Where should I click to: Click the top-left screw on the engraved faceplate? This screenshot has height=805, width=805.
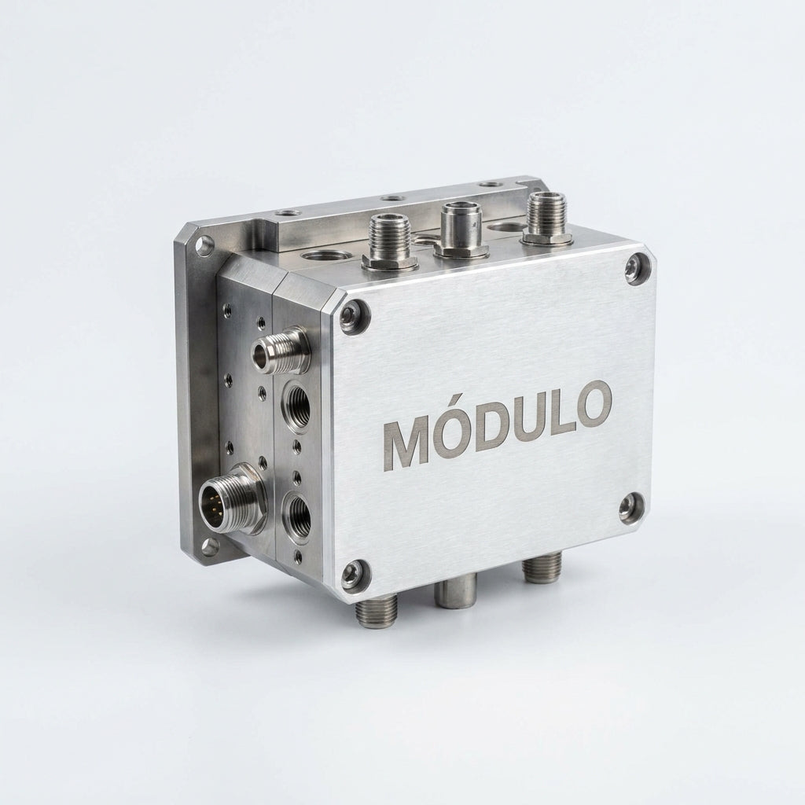pyautogui.click(x=354, y=315)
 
